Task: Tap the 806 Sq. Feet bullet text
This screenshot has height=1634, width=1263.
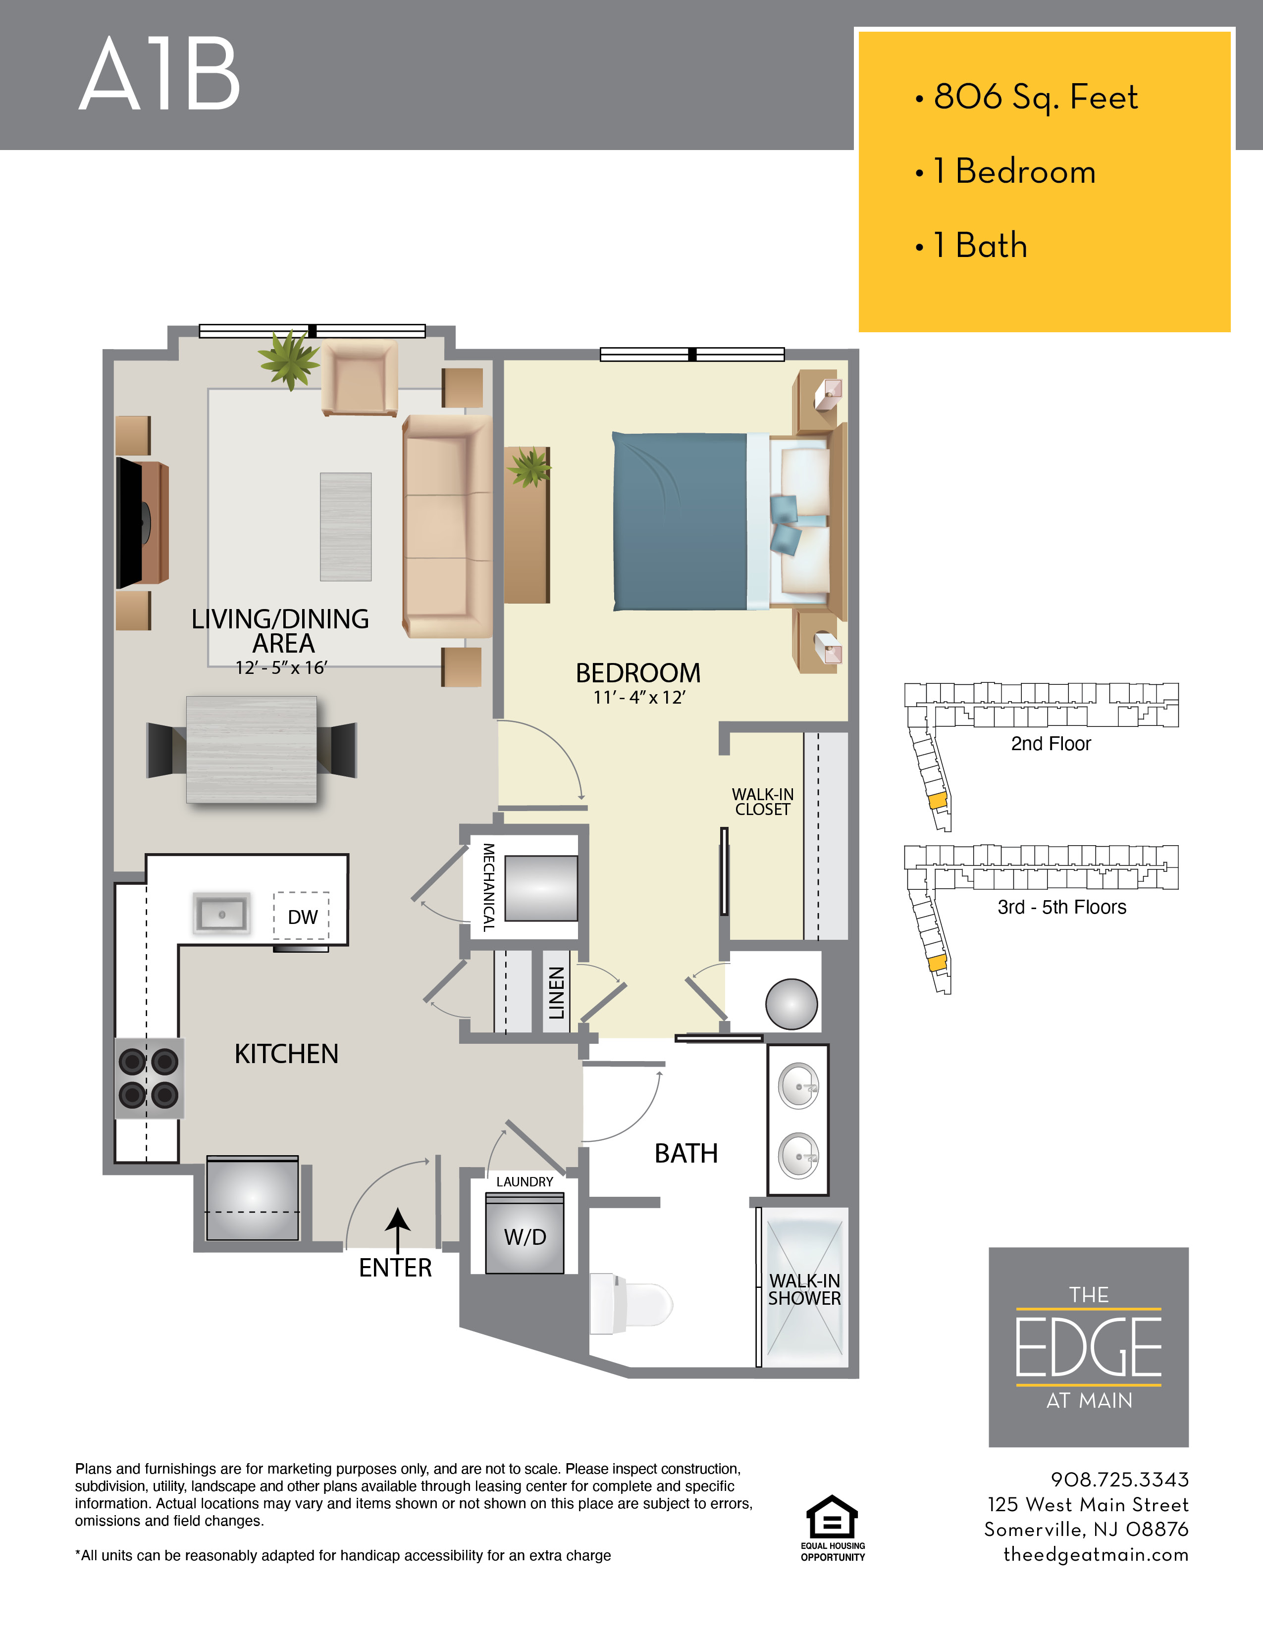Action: coord(1036,97)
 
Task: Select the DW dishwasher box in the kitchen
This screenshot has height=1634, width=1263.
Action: coord(302,916)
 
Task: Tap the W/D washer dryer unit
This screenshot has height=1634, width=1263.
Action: coord(525,1235)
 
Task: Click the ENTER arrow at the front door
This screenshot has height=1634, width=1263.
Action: coord(397,1230)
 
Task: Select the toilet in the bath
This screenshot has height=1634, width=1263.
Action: coord(631,1305)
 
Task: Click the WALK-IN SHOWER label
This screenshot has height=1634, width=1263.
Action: coord(804,1289)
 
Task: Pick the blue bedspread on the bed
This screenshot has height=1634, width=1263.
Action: coord(680,521)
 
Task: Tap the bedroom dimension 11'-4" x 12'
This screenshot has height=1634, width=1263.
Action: coord(639,697)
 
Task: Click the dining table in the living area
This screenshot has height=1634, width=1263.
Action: coord(252,749)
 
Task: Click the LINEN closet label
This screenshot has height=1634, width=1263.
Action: coord(556,992)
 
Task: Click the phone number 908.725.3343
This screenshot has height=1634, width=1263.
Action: coord(1119,1479)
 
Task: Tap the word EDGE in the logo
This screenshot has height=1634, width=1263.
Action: coord(1088,1347)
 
